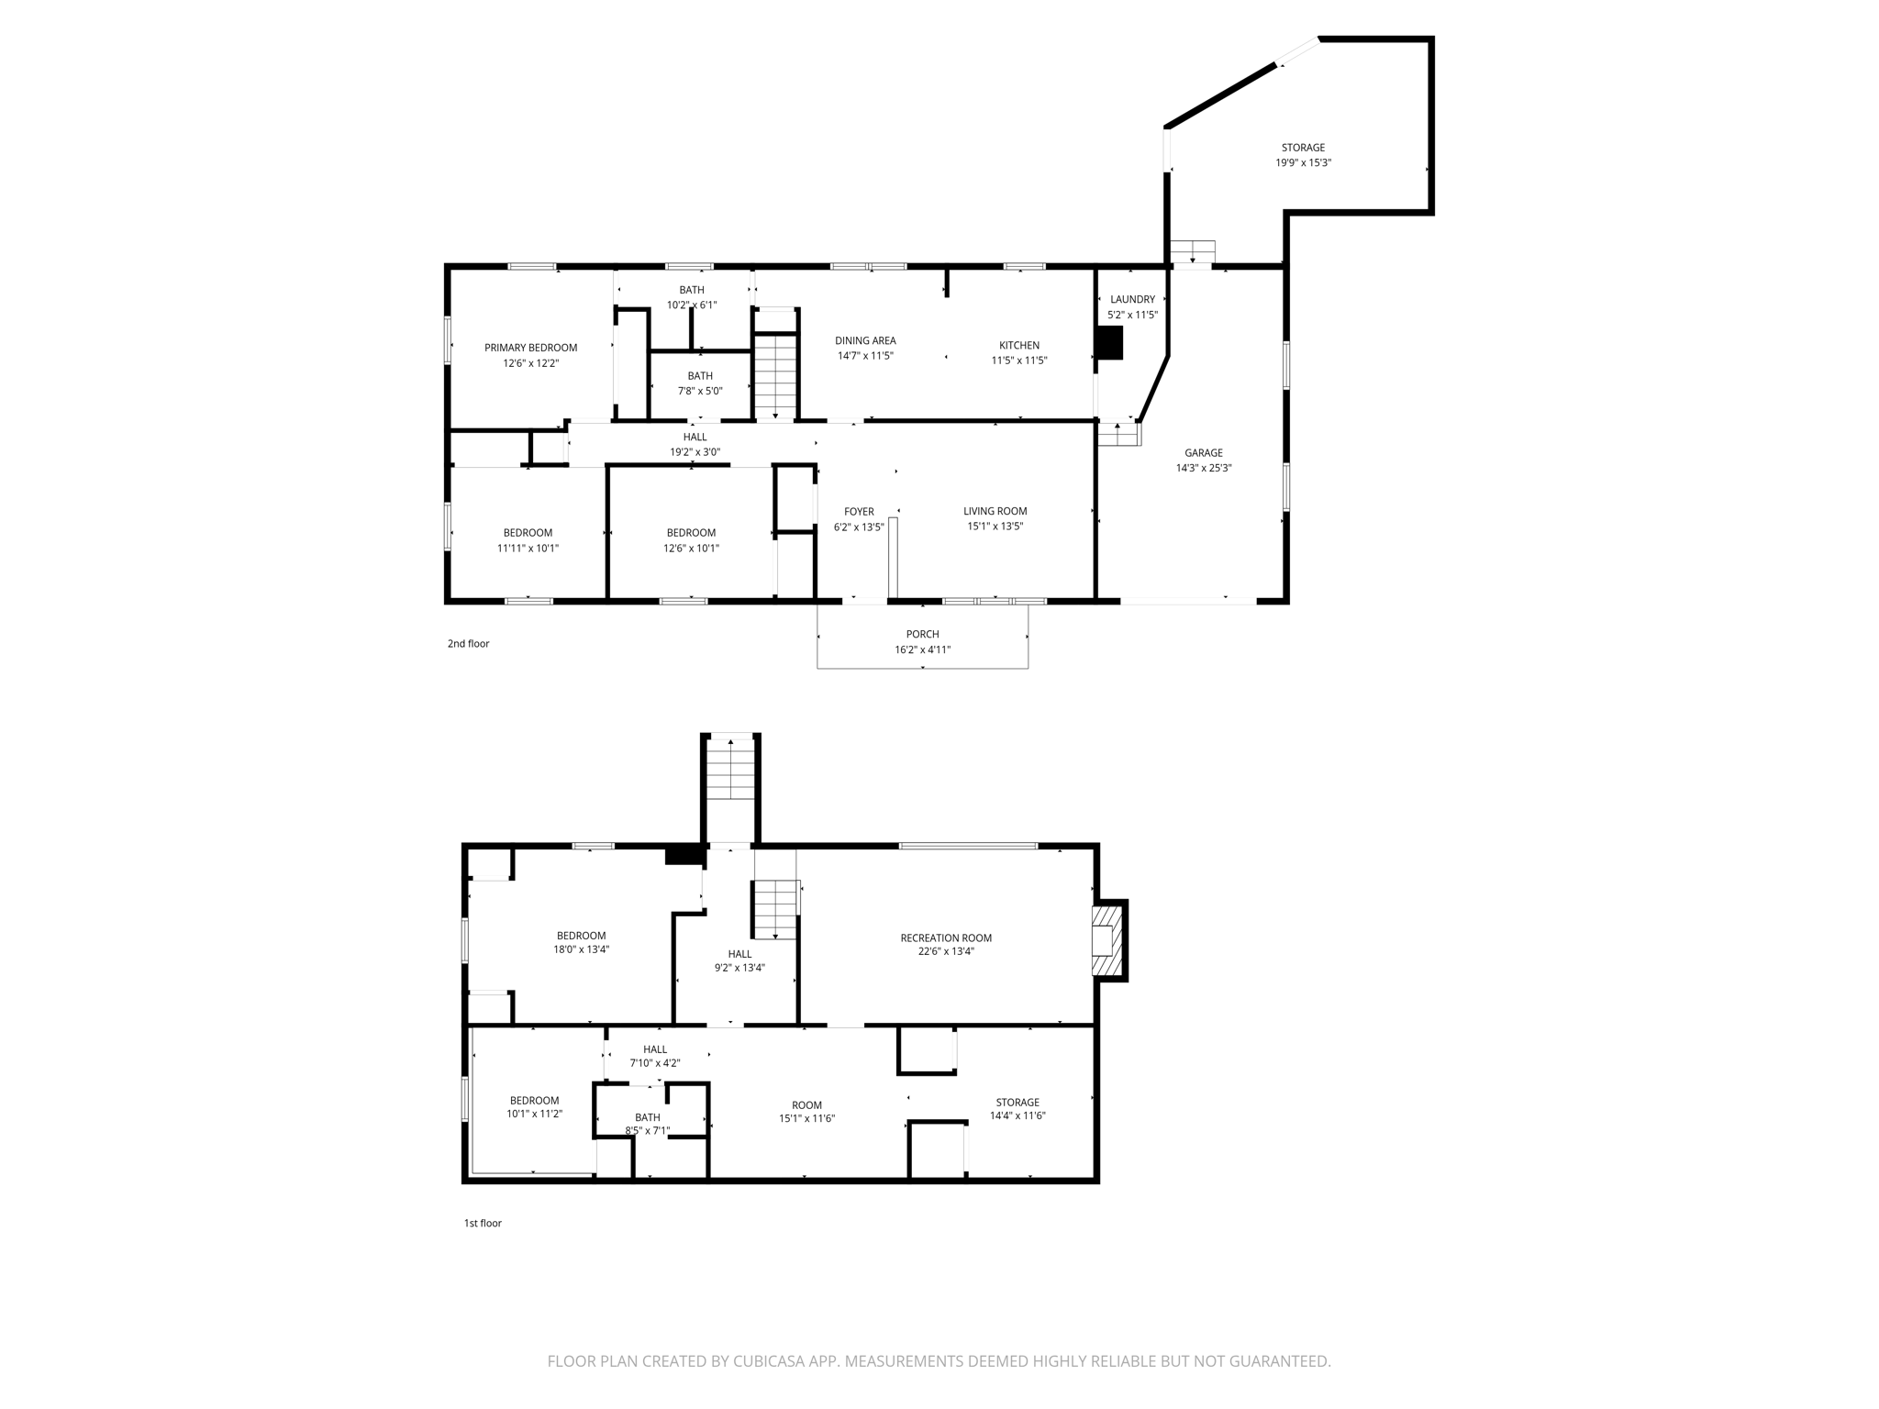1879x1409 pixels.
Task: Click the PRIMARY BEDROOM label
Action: coord(530,348)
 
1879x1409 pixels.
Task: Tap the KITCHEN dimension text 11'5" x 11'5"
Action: coord(1018,361)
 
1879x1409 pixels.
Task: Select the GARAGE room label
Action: coord(1203,452)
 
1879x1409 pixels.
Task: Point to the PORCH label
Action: coord(922,634)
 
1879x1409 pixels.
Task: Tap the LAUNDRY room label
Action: coord(1132,299)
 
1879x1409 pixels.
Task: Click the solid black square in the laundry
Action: coord(1109,343)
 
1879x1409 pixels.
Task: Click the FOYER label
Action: coord(859,512)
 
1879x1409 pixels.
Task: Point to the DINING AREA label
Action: coord(864,341)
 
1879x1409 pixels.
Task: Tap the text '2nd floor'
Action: coord(468,644)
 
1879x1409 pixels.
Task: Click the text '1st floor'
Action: coord(483,1223)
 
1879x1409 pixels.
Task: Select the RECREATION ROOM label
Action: coord(945,937)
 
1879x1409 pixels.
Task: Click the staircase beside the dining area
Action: coord(776,376)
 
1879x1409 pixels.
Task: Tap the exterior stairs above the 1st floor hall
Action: coord(730,769)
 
